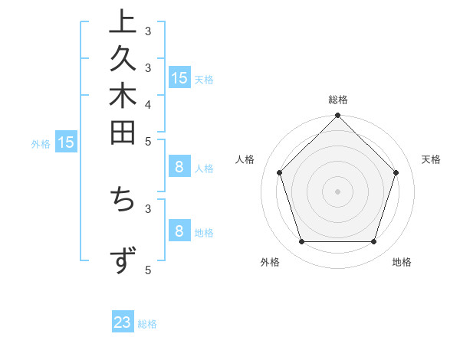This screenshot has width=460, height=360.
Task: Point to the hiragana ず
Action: point(123,261)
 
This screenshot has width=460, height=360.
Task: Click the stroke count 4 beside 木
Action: point(148,104)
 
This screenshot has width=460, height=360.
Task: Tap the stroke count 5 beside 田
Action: point(148,141)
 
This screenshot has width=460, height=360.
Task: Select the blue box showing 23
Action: point(123,322)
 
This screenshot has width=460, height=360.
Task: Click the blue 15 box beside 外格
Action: point(66,142)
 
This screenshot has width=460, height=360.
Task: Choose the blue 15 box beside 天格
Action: point(179,77)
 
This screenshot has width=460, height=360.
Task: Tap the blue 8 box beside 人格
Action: point(179,167)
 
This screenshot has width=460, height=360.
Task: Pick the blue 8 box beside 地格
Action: point(179,231)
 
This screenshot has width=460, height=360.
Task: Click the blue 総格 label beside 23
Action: point(148,324)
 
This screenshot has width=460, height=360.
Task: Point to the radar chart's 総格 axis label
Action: point(338,100)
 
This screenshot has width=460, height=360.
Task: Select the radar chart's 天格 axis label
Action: point(432,159)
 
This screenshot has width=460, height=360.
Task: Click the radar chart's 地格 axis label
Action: point(402,263)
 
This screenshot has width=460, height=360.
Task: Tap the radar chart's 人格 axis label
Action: point(245,159)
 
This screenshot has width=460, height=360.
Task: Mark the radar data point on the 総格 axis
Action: point(338,116)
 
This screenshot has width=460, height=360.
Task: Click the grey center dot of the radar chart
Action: point(338,191)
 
